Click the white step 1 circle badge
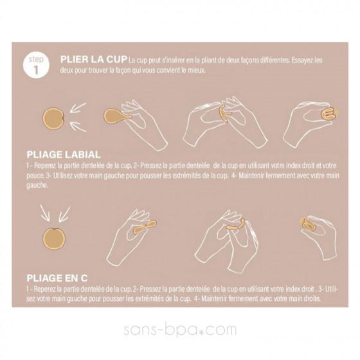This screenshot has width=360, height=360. (x=36, y=65)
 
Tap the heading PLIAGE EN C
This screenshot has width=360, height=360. (x=58, y=277)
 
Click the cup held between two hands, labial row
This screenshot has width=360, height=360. (x=222, y=114)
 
